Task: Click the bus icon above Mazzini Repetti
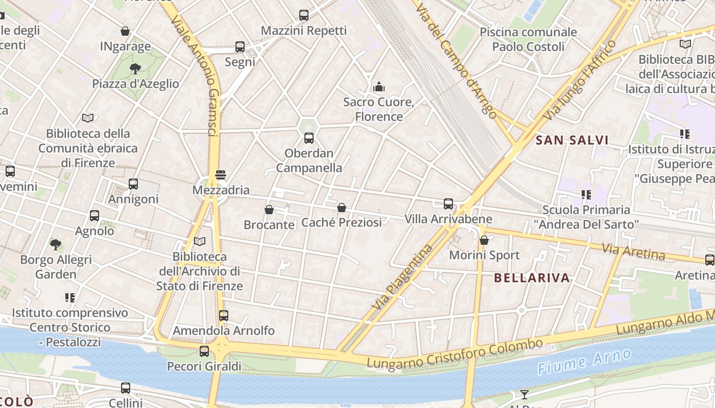tap(304, 15)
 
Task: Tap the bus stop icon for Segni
tap(240, 47)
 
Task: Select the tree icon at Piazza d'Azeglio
tap(135, 68)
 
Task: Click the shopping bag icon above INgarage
tap(125, 31)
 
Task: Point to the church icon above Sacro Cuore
tap(379, 87)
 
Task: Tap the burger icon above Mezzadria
tap(221, 175)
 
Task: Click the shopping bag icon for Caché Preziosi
tap(342, 208)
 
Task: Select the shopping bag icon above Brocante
tap(269, 210)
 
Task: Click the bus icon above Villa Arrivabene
tap(448, 204)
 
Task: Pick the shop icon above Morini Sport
tap(484, 240)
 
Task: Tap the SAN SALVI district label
tap(572, 140)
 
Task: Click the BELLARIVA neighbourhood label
tap(532, 278)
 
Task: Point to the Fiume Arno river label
tap(584, 362)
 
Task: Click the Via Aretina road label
tap(633, 251)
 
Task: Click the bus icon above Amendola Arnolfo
tap(223, 316)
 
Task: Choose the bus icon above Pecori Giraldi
tap(204, 351)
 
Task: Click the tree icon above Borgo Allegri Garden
tap(56, 244)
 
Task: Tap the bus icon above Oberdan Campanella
tap(309, 138)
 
